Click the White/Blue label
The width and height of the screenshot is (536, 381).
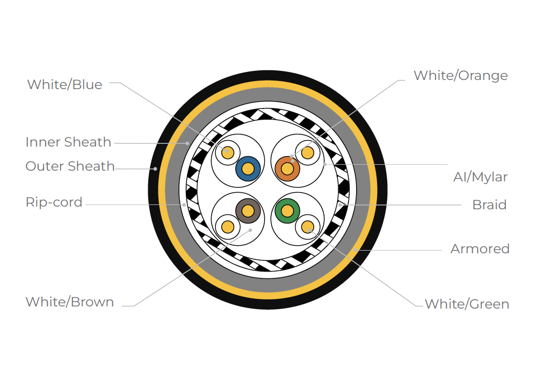point(64,84)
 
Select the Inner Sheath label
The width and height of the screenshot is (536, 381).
point(68,142)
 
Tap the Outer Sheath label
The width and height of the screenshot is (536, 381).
point(70,166)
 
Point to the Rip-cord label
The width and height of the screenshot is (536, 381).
point(54,202)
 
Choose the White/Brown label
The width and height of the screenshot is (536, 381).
point(70,302)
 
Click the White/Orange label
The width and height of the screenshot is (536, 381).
point(460,76)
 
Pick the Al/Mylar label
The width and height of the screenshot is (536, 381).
point(480,177)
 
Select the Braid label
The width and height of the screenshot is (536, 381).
point(489,205)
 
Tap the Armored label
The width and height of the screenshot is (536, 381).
point(480,248)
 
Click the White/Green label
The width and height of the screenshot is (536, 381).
point(467,304)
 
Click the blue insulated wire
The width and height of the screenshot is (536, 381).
point(248,168)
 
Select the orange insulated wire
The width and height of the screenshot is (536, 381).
point(287,168)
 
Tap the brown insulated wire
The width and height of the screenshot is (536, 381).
point(248,211)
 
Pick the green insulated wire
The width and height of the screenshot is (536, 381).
point(287,211)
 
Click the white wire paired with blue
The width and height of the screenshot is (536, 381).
point(228,152)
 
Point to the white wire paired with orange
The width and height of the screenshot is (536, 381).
point(308,152)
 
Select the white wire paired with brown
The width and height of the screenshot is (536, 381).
point(228,226)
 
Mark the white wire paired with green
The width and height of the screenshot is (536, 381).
point(308,226)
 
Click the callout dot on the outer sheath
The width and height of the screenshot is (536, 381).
point(155,168)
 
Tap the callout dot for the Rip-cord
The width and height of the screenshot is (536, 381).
point(184,205)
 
